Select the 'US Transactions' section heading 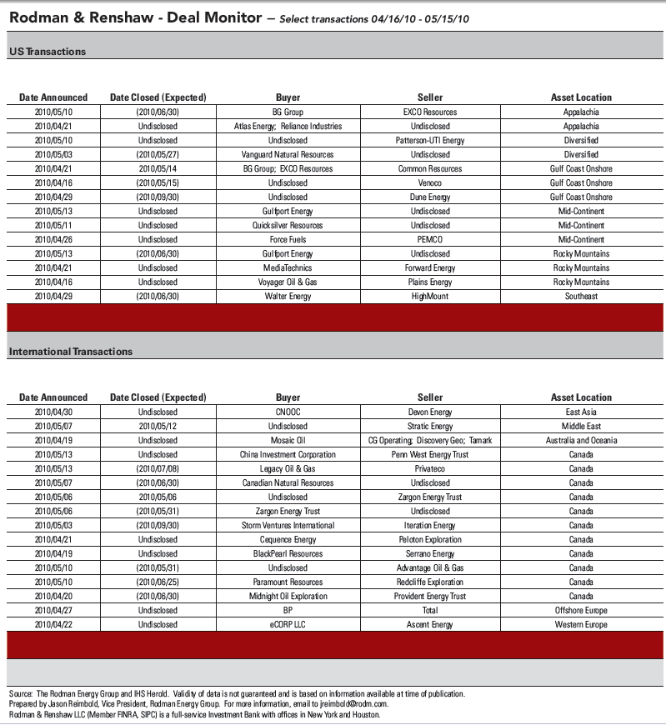48,52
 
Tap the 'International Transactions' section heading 71,352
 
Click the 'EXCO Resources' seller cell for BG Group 430,112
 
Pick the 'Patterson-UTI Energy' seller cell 430,140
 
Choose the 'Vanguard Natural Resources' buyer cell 288,154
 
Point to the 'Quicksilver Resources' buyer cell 288,225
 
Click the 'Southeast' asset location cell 581,296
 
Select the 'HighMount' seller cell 430,296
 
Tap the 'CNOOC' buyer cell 288,412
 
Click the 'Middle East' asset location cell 581,426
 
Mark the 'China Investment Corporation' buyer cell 288,454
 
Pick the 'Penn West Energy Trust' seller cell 430,454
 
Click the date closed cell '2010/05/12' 158,426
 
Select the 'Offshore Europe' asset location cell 581,610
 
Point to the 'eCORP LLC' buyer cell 288,624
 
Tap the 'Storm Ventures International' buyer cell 288,525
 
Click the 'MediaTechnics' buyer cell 288,267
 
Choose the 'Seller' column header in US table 430,97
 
